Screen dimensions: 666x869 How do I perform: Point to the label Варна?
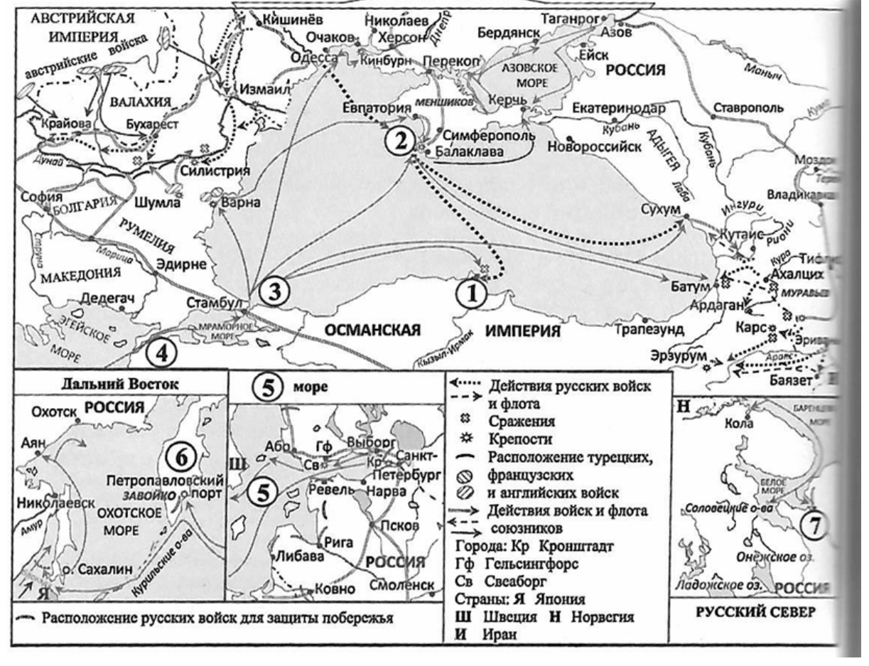tap(242, 202)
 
